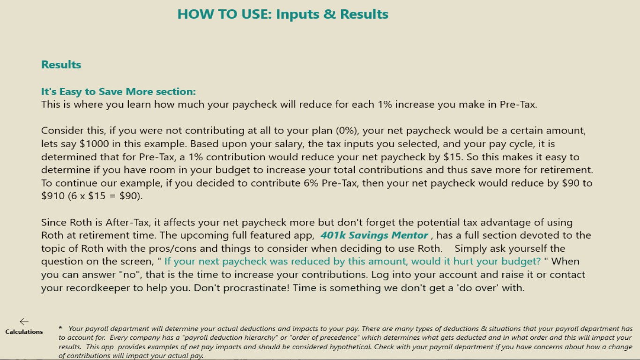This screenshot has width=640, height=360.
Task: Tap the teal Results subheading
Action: pyautogui.click(x=61, y=65)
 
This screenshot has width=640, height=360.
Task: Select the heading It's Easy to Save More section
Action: pyautogui.click(x=119, y=91)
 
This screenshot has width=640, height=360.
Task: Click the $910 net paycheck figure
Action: pyautogui.click(x=53, y=196)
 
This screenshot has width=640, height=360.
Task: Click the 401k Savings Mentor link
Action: pyautogui.click(x=374, y=235)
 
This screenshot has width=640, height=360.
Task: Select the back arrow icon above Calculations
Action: pyautogui.click(x=24, y=321)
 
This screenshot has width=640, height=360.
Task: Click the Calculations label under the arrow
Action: pyautogui.click(x=24, y=332)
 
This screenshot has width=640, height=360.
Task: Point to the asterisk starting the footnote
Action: pyautogui.click(x=60, y=328)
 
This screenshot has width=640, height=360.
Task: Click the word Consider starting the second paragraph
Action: pyautogui.click(x=60, y=130)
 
